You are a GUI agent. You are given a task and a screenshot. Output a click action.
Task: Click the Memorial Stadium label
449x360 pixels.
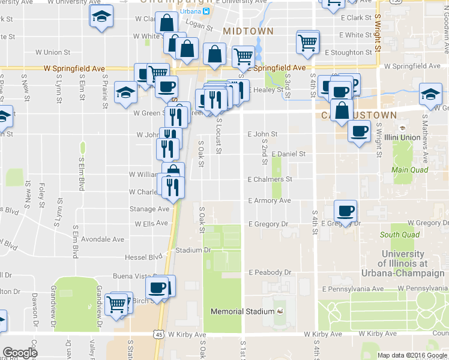(243, 311)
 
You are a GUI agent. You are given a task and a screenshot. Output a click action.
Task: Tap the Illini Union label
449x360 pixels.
(414, 137)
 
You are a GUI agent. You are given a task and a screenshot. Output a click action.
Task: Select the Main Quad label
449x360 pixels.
(409, 170)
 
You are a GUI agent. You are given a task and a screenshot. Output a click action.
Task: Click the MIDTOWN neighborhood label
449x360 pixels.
(248, 31)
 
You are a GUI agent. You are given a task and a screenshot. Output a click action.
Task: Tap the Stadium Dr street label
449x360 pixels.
(193, 250)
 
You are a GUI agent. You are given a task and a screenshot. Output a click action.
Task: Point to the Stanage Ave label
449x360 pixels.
(149, 209)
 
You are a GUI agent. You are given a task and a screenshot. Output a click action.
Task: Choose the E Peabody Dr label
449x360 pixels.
(270, 272)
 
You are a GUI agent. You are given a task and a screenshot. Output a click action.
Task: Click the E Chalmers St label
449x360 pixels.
(270, 179)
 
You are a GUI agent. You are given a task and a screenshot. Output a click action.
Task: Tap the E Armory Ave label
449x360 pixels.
(269, 200)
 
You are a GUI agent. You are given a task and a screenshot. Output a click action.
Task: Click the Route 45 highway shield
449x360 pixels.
(158, 333)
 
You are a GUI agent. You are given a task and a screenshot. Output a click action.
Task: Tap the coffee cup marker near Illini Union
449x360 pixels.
(360, 131)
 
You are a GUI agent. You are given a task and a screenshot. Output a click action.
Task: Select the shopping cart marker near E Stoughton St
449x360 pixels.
(307, 42)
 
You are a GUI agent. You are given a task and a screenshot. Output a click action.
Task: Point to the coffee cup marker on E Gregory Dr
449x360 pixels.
(345, 211)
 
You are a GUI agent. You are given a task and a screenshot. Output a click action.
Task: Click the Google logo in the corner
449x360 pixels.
(20, 353)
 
